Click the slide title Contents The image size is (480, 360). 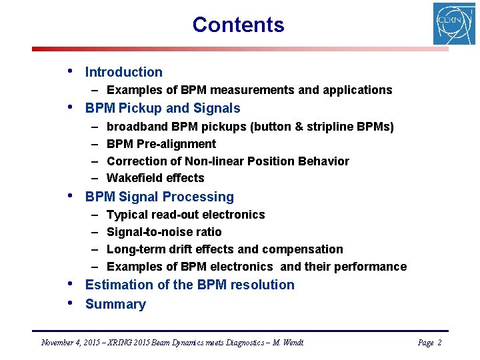tap(238, 25)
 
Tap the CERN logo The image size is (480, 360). tap(454, 24)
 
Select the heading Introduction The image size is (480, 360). tap(123, 72)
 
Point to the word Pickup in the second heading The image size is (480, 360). tap(141, 108)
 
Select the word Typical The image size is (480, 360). tap(127, 215)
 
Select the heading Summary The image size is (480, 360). tap(115, 305)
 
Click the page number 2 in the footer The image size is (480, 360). tap(439, 343)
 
